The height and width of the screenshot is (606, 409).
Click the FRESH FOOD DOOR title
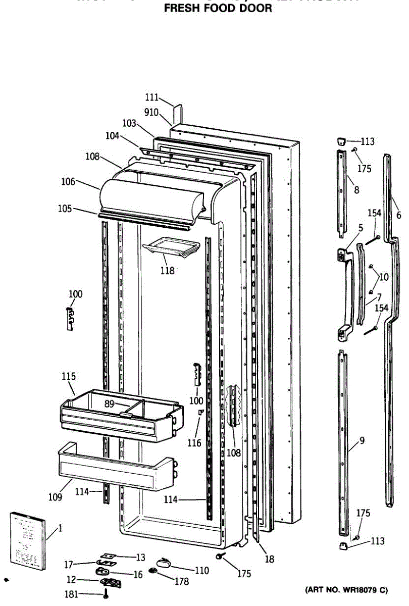coord(218,8)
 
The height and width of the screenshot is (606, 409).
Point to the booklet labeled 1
coord(28,540)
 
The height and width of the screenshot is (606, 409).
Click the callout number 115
coord(69,376)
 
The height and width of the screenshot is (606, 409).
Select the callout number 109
coord(56,497)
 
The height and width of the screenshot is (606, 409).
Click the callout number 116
coord(194,443)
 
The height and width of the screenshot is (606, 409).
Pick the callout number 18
coord(269,559)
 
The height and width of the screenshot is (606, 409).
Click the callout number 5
coord(360,228)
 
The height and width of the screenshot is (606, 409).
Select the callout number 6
coord(398,215)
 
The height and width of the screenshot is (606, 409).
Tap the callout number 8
coord(356,190)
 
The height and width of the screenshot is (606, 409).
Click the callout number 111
coord(151,97)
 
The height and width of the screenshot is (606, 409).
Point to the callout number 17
coord(69,563)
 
